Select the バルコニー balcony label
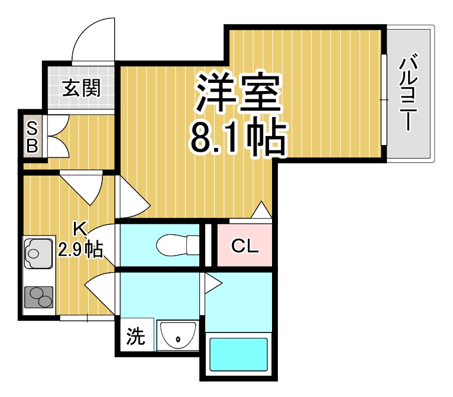(409, 93)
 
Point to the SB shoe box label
(33, 136)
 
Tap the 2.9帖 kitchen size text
(80, 249)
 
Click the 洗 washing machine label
(135, 337)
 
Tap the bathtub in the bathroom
(239, 354)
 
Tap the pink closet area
(244, 244)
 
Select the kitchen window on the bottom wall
(87, 318)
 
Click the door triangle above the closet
(261, 211)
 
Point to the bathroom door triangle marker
(211, 284)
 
